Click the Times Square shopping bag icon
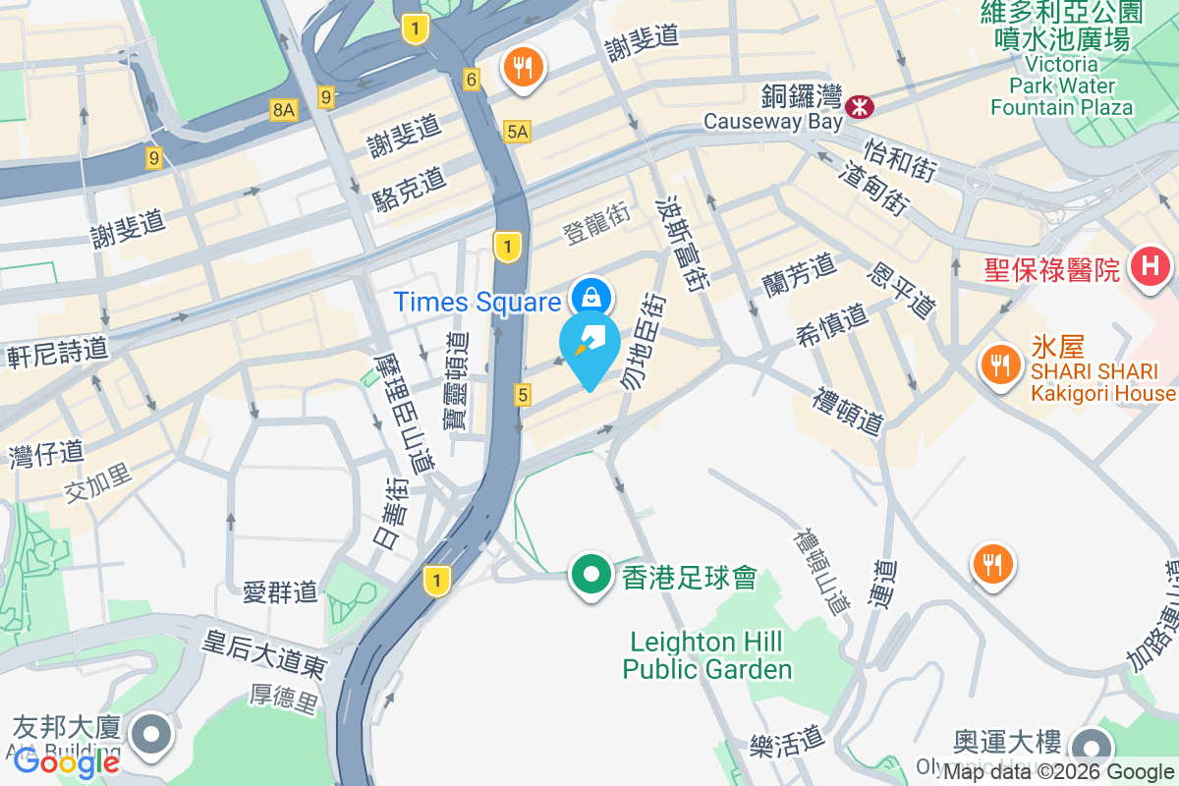(590, 296)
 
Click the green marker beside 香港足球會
(590, 575)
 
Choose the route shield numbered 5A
(517, 132)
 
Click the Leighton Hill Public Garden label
(707, 656)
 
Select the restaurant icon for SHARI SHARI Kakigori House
(999, 366)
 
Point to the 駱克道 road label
(410, 190)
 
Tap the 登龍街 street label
(595, 231)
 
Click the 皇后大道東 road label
(264, 653)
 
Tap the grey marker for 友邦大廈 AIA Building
(151, 734)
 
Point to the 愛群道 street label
(281, 591)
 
